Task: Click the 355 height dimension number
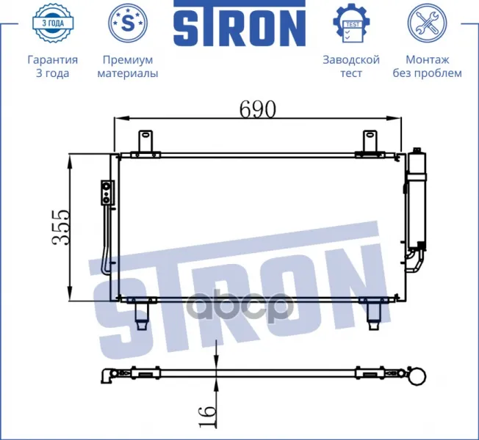point(60,227)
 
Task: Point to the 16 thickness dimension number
point(207,417)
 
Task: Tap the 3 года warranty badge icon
point(53,23)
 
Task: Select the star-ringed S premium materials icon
point(128,23)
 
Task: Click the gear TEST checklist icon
point(351,23)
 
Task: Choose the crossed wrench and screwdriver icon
point(427,23)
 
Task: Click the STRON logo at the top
point(239,23)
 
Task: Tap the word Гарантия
point(53,59)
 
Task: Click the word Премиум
point(128,59)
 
